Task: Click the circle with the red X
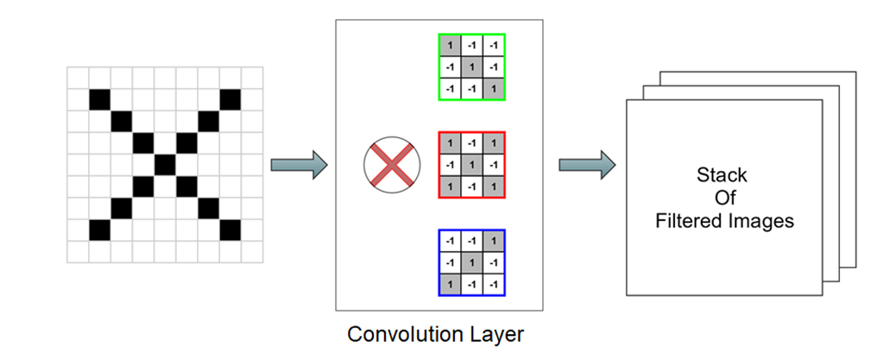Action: pos(392,165)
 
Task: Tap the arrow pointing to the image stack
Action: pos(586,164)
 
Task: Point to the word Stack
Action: pos(722,175)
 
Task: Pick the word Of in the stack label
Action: pos(722,199)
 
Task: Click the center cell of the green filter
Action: pos(471,67)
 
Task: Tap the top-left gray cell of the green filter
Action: pos(450,46)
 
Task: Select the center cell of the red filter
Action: pos(471,164)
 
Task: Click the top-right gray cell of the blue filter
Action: pos(493,241)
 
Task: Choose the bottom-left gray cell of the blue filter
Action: pos(450,283)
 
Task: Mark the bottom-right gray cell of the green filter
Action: pos(493,89)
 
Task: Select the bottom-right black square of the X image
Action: pos(230,230)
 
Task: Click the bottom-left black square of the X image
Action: pos(100,230)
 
